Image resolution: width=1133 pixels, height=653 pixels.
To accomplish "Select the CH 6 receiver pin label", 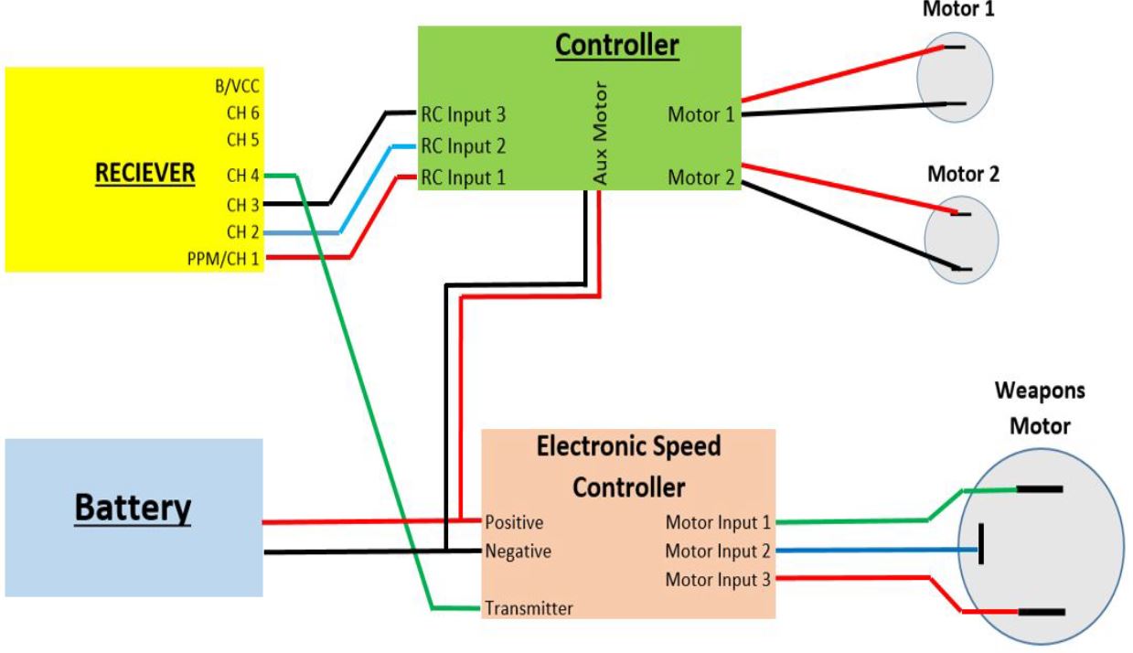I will tap(242, 115).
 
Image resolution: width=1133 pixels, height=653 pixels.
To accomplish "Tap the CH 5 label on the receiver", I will tap(242, 140).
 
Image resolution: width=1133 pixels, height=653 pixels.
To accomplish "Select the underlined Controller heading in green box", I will tap(618, 47).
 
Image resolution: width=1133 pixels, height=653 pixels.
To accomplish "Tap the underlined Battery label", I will tap(134, 508).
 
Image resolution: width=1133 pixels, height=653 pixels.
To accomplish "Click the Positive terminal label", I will tap(514, 523).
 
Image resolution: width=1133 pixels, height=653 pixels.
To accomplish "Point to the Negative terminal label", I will tap(518, 551).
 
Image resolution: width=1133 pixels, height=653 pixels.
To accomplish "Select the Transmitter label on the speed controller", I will tap(529, 608).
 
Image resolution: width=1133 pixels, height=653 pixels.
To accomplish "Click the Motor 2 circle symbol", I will tap(957, 241).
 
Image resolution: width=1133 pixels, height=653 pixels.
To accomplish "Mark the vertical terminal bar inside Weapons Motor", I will tap(981, 545).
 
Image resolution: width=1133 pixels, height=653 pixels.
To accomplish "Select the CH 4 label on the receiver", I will tap(242, 176).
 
